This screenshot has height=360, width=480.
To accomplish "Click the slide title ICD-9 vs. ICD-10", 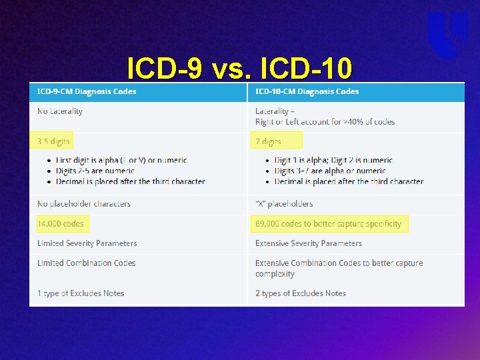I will click(239, 67).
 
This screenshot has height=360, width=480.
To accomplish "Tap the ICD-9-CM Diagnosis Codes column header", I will click(87, 91).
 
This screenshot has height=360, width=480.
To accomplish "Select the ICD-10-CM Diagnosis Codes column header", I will click(307, 91).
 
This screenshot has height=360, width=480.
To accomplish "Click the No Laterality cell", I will click(60, 111).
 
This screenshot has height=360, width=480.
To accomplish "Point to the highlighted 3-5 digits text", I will click(53, 141).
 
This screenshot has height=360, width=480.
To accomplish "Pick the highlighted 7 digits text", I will click(268, 141).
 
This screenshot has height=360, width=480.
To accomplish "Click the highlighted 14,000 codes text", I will click(61, 224).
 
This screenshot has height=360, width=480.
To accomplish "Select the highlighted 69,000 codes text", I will click(328, 224).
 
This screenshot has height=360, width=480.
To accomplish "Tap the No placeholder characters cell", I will click(84, 204).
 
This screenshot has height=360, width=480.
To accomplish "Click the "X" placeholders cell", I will click(284, 204).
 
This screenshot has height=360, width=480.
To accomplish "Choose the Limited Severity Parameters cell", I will click(87, 243).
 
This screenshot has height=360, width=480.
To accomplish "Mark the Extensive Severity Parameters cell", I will click(309, 243).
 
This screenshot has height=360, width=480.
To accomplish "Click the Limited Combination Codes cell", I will click(87, 263).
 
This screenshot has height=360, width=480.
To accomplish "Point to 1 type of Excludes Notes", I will click(81, 293).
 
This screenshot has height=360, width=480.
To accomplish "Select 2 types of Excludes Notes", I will click(301, 293).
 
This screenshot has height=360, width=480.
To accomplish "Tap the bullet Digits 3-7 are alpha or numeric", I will click(330, 171).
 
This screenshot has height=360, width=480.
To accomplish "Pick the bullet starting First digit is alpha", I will click(121, 161).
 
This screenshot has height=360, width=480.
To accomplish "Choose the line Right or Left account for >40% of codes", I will click(325, 122).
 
